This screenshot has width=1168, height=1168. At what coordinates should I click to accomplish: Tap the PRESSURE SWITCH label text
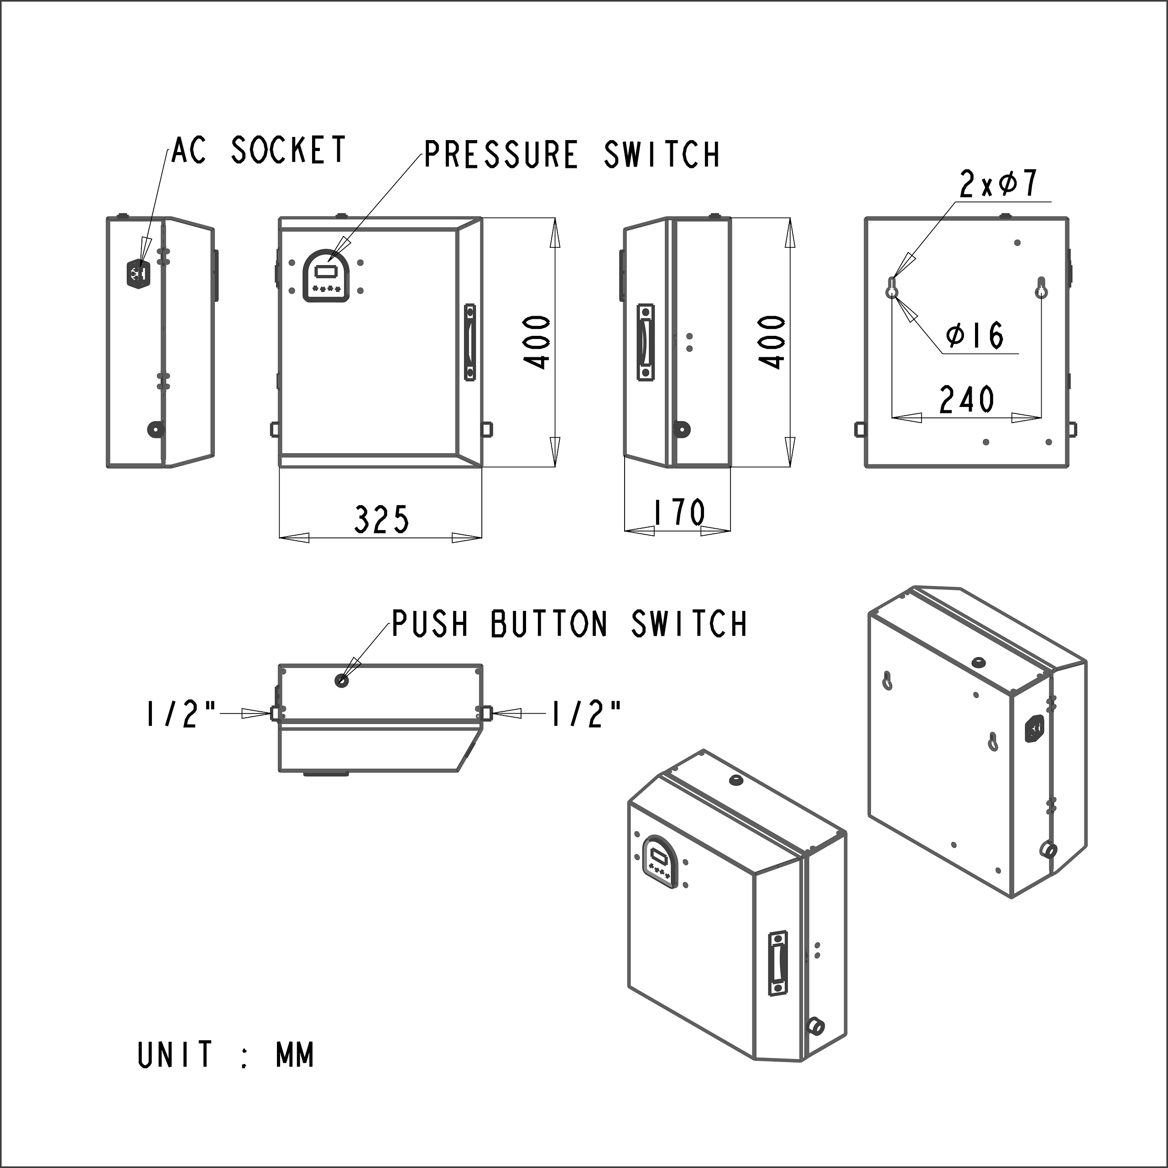pos(571,154)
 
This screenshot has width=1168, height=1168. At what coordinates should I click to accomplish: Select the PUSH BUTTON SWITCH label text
pos(569,624)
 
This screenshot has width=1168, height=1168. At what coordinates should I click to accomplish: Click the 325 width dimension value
pos(381,519)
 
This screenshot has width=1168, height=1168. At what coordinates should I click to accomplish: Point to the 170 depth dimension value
pos(679,513)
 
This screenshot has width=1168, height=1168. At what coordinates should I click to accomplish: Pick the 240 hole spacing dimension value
pos(966,400)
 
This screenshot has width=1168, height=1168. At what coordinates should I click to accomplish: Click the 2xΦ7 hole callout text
pos(998,184)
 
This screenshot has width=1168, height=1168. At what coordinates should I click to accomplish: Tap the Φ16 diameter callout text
pos(975,335)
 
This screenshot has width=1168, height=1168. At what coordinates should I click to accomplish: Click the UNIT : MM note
pos(225,1055)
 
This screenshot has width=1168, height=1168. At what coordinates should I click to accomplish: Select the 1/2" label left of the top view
pos(180,714)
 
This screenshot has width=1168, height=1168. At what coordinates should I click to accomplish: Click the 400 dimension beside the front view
pos(537,342)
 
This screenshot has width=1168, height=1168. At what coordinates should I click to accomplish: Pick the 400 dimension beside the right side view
pos(772,342)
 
